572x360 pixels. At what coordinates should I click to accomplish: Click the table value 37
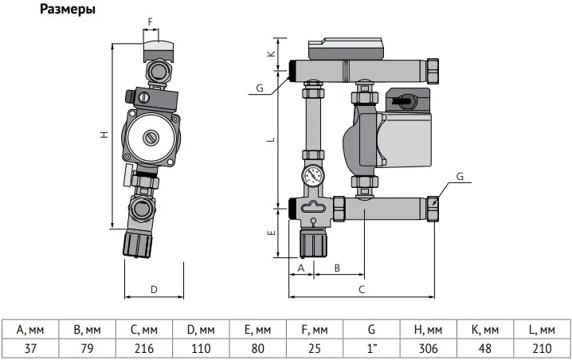29,347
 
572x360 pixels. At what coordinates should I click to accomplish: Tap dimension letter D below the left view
154,288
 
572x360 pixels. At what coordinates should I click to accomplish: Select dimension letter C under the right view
362,288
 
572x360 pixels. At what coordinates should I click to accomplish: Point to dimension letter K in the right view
270,54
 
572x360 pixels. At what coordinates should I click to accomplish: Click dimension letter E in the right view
270,233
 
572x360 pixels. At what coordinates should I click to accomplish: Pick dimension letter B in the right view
337,268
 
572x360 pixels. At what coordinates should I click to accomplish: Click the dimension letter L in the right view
270,139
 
